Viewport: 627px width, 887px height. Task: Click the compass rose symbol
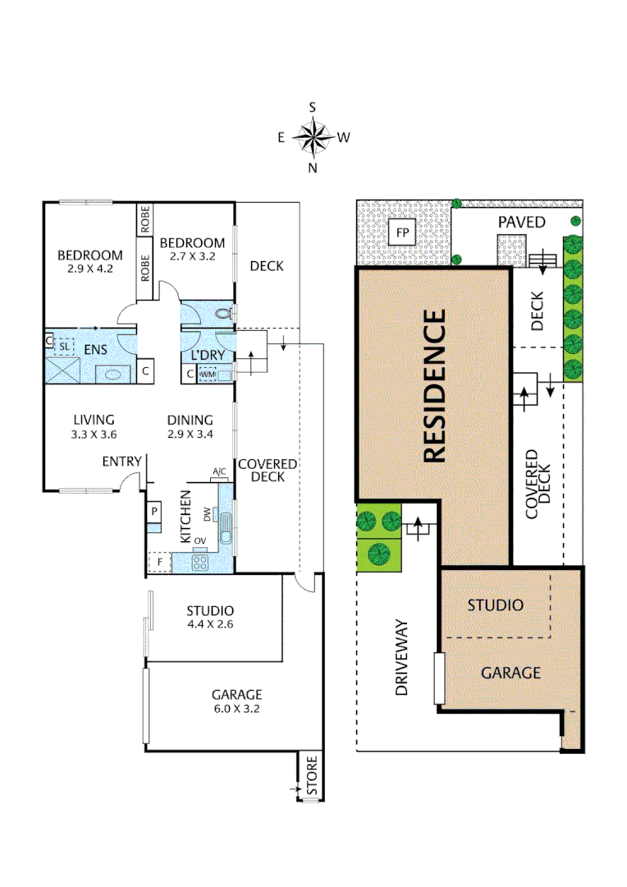pos(313,137)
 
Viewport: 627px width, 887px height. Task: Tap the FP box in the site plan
pos(402,233)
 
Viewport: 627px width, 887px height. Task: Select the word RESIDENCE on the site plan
pos(434,385)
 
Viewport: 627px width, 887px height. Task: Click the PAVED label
pos(521,223)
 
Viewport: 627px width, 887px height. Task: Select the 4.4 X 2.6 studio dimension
pos(210,624)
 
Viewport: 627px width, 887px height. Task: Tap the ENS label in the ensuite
pos(95,351)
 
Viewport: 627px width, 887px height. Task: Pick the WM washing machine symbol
pos(208,374)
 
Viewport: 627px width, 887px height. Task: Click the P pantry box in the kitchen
pos(153,512)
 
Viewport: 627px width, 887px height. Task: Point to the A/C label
pos(219,471)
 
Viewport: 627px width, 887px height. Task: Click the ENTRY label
pos(121,462)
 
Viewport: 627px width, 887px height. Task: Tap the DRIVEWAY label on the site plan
pos(401,657)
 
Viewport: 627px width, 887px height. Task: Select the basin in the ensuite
pos(113,374)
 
